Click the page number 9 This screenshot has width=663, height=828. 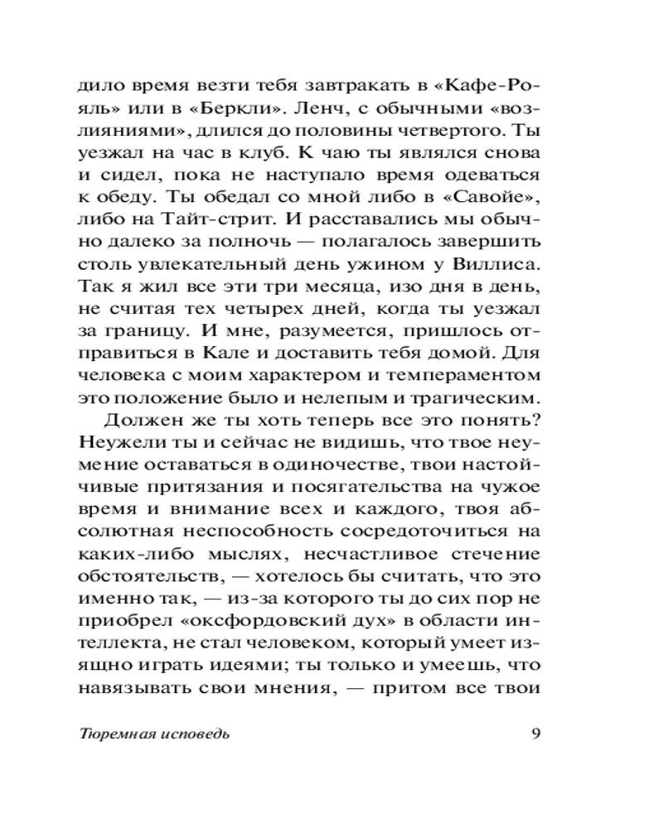pos(535,734)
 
